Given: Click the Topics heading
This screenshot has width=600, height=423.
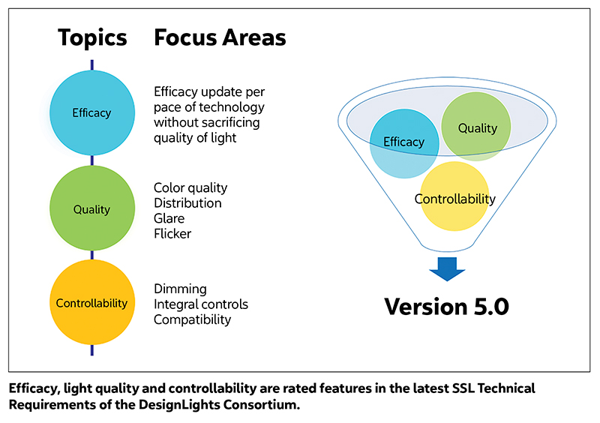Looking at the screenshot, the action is pos(92,38).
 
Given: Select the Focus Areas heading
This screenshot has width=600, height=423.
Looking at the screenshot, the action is pos(220,37).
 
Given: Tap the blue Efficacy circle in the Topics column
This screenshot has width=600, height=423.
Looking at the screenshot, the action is pos(92,113).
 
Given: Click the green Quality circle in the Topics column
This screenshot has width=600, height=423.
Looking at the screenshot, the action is pos(92,208).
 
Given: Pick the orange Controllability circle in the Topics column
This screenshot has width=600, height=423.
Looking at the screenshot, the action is pos(92,302).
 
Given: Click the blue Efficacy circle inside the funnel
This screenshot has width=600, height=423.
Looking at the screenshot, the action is pos(404,143).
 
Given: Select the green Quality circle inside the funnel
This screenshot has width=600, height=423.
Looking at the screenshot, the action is pos(476,126).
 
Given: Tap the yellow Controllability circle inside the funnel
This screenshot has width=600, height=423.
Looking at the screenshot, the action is pos(454,196).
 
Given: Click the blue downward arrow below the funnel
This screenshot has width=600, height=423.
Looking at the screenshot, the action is pos(447,269).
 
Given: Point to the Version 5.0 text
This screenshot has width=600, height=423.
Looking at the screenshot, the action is pos(446,307).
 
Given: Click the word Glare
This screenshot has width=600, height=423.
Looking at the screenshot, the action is pos(169,218).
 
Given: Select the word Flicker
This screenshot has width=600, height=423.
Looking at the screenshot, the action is pos(172,234).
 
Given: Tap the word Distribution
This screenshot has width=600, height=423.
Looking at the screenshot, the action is pos(187,203).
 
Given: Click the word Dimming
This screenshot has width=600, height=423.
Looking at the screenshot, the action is pos(180,289).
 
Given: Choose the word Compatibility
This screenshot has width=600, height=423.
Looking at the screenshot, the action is pos(193,320).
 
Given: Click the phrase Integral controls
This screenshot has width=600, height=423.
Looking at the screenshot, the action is pos(201,304).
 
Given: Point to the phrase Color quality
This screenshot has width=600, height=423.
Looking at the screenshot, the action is pos(190,188).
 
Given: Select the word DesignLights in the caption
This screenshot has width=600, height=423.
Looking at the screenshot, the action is pos(178,405).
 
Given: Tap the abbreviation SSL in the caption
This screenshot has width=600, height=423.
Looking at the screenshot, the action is pos(463,388).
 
